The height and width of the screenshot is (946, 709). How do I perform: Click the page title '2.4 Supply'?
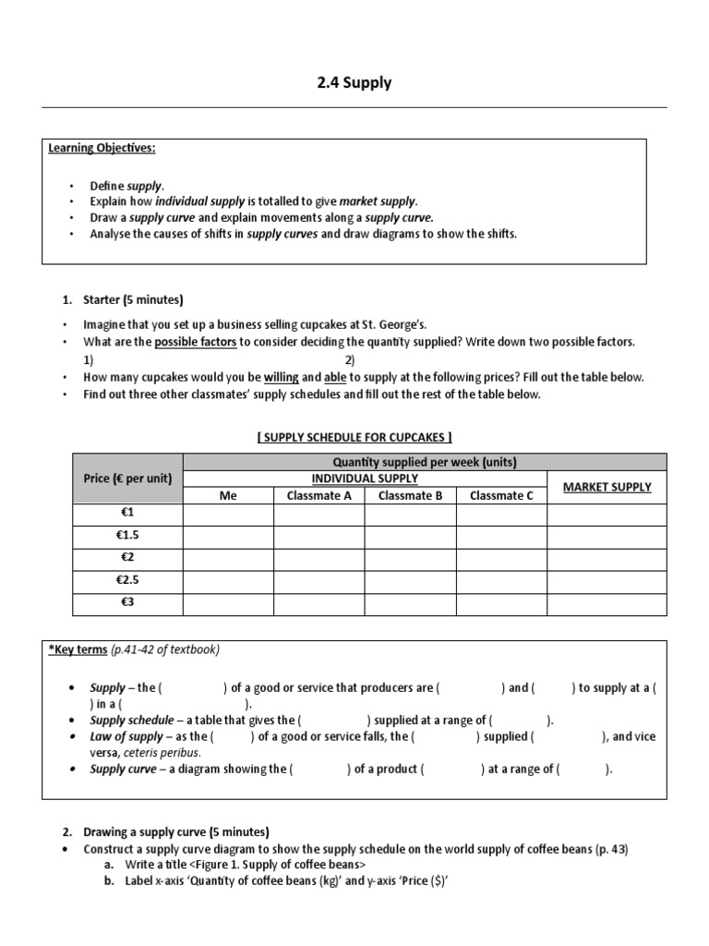point(354,83)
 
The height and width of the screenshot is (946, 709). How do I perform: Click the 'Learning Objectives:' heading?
point(102,149)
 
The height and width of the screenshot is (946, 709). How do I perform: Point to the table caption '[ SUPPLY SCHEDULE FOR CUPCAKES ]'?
point(354,437)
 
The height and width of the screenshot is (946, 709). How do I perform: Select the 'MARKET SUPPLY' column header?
point(607,487)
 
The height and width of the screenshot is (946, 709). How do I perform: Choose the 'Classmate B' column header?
point(410,496)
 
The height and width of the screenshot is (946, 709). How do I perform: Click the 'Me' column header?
point(228,496)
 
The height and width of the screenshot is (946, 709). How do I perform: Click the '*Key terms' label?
point(78,649)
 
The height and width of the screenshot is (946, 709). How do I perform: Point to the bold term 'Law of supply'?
point(127,737)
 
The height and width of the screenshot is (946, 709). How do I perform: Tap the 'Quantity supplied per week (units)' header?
point(425,462)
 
